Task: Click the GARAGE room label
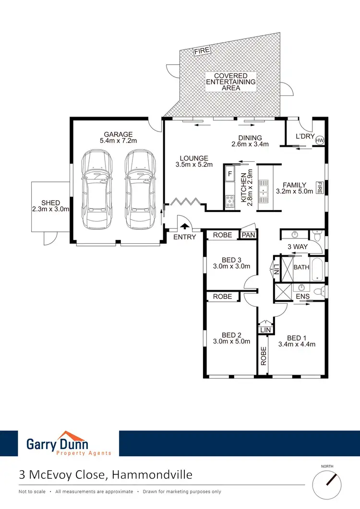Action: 118,134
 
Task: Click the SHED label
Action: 50,203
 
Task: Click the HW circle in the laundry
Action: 320,140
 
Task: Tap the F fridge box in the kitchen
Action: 230,174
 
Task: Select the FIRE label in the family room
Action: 319,187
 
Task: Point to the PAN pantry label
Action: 248,235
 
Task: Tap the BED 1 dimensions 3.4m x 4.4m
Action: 297,343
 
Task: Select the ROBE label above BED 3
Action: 222,235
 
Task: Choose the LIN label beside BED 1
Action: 265,330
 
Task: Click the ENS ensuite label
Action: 302,297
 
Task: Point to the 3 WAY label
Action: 297,247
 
